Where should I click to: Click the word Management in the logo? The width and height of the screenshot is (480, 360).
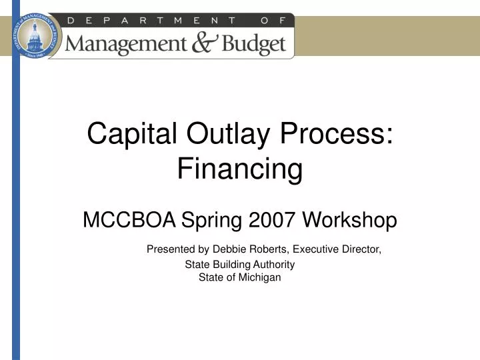(127, 45)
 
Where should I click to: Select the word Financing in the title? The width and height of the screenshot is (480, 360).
(240, 169)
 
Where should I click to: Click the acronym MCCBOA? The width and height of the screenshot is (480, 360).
(129, 219)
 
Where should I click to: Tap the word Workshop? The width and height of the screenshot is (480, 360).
(350, 219)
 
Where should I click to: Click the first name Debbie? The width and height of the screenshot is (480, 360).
(229, 250)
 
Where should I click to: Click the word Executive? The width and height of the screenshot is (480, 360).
(316, 250)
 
